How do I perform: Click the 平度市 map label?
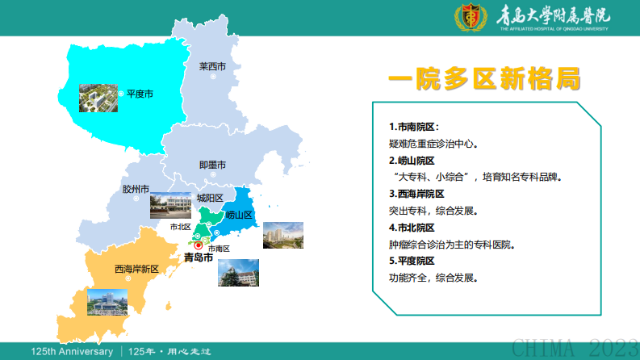coord(140,94)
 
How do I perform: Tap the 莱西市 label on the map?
coord(212,67)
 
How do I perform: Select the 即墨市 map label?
coord(212,165)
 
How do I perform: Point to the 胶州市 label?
coord(136,189)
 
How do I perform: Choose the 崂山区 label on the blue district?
coord(240,215)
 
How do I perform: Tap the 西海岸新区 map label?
coord(136,268)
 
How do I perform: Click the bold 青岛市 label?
coord(199,258)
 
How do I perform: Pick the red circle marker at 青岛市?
coord(199,245)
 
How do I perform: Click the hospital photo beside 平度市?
coord(97,97)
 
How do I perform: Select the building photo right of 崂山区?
coord(283,234)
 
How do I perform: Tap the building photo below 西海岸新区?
coord(107,302)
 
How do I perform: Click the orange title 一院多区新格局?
coord(484,79)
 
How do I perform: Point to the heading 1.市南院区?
coord(414,127)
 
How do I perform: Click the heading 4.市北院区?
coord(412,228)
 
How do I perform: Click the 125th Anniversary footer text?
coord(73,352)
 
